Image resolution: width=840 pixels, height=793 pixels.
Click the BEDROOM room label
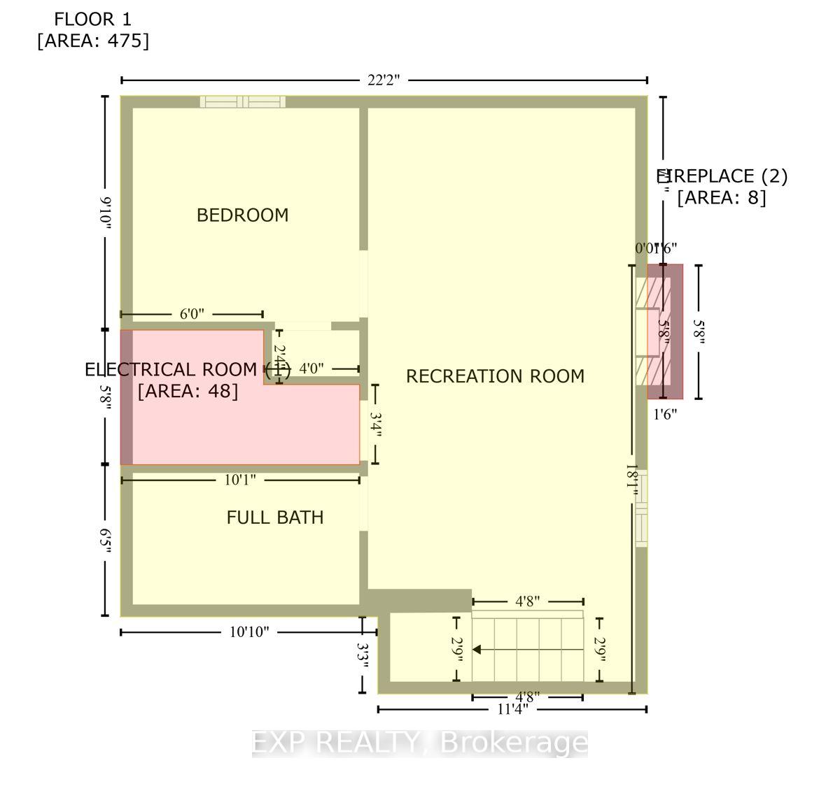242,215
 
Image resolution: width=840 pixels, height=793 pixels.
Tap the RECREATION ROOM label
495,376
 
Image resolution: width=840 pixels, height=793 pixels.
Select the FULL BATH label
275,517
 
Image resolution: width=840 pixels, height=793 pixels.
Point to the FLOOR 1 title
93,19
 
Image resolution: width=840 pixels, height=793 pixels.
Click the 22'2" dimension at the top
384,80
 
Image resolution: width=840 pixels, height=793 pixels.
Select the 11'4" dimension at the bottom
512,709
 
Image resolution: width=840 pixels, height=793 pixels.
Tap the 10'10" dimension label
249,632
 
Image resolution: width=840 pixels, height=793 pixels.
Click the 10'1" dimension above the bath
240,480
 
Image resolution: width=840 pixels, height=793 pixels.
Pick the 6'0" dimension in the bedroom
192,315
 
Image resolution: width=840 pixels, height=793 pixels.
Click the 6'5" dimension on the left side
106,541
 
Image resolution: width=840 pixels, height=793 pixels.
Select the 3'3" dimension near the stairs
363,655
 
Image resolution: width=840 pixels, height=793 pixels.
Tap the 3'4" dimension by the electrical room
376,424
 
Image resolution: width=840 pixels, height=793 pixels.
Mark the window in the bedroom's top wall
243,102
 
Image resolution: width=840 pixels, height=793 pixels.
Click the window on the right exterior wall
641,508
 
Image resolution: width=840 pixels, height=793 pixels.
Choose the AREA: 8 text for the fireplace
721,198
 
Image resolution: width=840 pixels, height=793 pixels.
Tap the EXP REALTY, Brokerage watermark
420,743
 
